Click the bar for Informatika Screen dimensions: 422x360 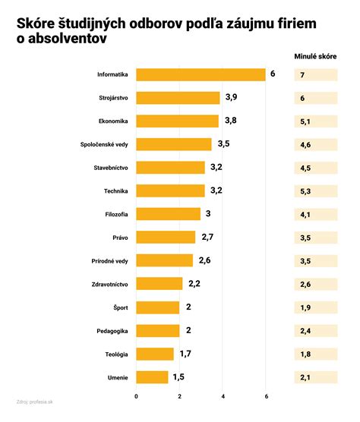pos(201,74)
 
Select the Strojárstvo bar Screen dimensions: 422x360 pos(178,98)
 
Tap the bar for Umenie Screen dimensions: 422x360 pos(152,377)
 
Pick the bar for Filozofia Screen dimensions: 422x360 pos(168,214)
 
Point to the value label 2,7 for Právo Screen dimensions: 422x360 pos(206,238)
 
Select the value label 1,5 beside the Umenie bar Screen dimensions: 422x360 pos(179,377)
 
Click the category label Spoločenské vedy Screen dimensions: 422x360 pos(104,144)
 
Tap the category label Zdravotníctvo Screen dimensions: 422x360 pos(109,284)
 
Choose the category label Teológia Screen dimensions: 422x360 pos(116,354)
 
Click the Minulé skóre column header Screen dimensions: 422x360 pos(315,55)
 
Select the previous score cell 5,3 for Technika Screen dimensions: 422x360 pos(315,191)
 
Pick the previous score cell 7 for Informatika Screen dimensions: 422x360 pos(315,75)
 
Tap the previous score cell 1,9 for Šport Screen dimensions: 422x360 pos(315,307)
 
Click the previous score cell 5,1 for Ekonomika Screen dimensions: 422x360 pos(315,121)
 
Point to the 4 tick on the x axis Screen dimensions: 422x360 pos(223,397)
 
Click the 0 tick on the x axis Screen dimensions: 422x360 pos(137,397)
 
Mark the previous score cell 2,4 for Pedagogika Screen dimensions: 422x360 pos(315,331)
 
